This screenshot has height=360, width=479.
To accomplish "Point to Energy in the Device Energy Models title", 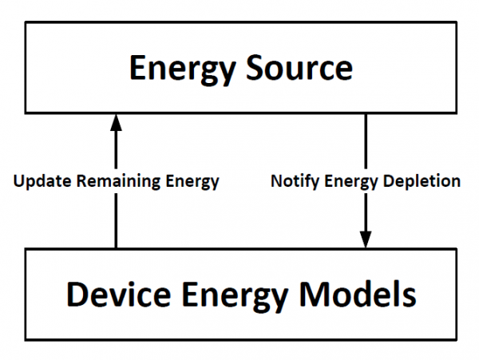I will (238, 295).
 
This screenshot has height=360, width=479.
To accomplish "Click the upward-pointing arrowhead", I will (116, 121).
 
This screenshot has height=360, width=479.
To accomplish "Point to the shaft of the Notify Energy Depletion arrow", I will (366, 144).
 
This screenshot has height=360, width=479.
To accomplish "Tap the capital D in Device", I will (77, 295).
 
